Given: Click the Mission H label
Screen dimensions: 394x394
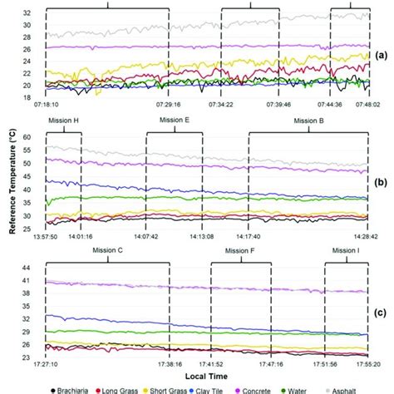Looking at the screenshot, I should click(64, 121).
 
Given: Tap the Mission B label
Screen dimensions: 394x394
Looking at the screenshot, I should click(309, 121).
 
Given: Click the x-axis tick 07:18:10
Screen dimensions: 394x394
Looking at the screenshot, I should click(47, 106).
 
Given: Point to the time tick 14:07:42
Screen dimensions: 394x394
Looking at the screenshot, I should click(146, 235).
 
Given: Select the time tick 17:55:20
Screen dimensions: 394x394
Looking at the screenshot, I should click(371, 364).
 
